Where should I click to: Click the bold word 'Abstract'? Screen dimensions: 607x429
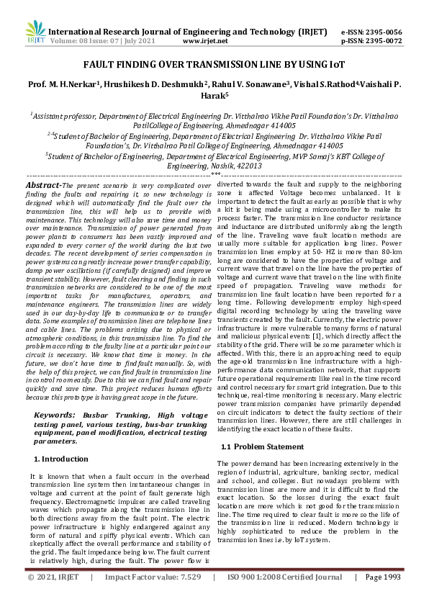(x=44, y=185)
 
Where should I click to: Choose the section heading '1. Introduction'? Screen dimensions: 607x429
(x=62, y=459)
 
